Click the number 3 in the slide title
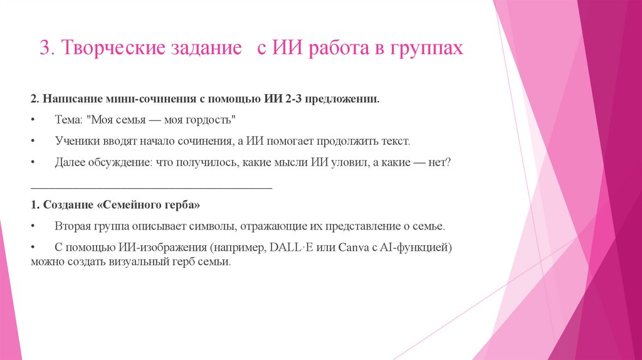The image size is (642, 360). pos(45,49)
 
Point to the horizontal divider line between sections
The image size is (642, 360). pos(151,186)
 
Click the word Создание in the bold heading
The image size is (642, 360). pos(65,204)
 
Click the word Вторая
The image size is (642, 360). pos(72,226)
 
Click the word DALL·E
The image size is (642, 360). pos(291,247)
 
